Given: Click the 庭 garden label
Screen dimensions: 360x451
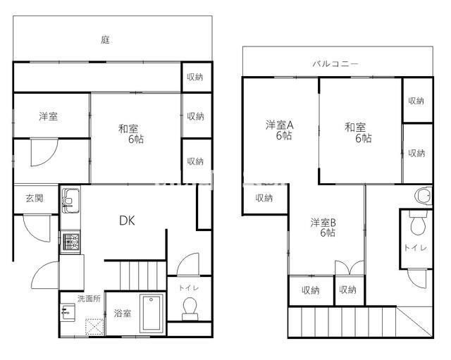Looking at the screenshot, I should click(105, 40).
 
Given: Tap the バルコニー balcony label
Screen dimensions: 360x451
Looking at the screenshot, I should click(335, 63).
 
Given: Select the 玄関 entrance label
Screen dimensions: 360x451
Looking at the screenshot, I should click(35, 198).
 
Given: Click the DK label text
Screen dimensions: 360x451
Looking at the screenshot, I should click(126, 221).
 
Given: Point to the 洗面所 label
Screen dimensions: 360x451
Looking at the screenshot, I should click(89, 299).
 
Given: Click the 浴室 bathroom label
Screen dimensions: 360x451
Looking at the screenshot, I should click(123, 314).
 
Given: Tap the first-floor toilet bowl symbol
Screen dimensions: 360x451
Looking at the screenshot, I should click(189, 308).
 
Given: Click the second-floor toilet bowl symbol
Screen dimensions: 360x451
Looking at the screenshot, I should click(417, 225).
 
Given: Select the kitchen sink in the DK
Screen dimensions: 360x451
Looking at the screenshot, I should click(70, 201).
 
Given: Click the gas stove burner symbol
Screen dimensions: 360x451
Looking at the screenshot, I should click(70, 244).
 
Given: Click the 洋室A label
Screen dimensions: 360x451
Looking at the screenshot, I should click(280, 125).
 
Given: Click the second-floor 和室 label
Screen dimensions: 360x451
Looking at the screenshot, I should click(355, 128).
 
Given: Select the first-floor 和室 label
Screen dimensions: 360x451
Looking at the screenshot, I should click(128, 128).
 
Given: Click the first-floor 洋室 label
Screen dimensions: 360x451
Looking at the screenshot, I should click(49, 116).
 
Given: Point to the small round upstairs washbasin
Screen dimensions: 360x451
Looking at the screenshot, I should click(423, 195).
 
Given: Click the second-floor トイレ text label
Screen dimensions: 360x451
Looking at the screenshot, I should click(414, 248).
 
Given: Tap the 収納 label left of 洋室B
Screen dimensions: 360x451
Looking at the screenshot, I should click(264, 198).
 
